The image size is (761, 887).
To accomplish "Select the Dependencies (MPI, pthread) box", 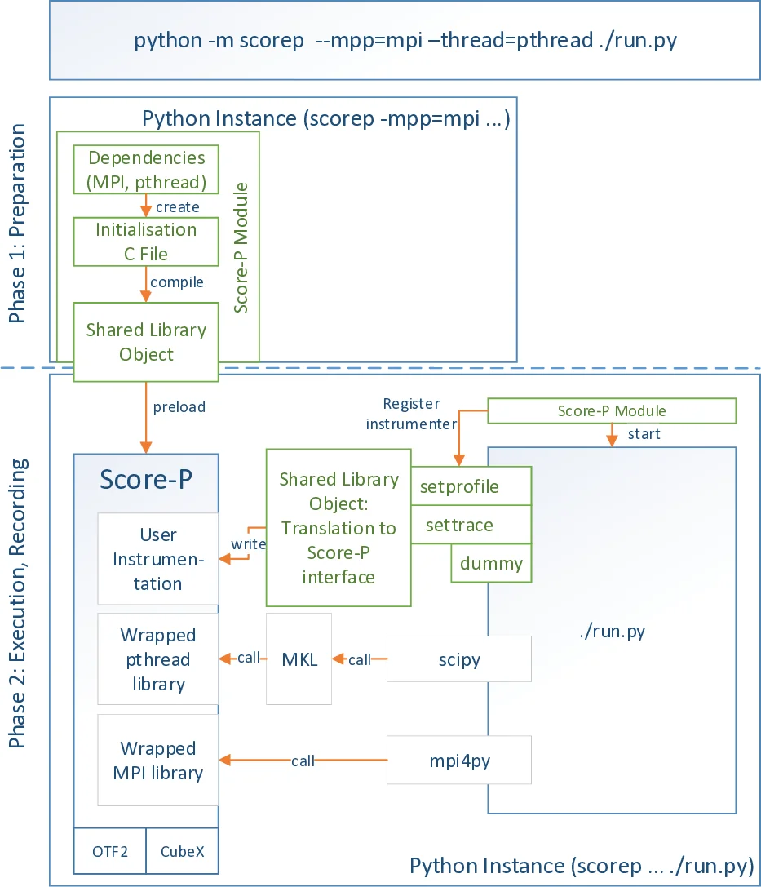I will (x=147, y=170).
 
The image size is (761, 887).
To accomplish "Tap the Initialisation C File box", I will (x=147, y=242).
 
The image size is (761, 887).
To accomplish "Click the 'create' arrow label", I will (x=177, y=207).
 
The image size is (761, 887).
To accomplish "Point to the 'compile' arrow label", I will (x=176, y=282).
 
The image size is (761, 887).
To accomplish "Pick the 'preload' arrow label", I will (x=179, y=406).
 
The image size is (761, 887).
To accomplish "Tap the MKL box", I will (x=299, y=659).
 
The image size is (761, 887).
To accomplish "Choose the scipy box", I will (x=458, y=659).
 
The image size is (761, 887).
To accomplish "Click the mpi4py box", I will (x=458, y=760).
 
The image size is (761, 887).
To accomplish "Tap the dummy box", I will (x=491, y=563).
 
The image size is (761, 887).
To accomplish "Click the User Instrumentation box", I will (x=158, y=559).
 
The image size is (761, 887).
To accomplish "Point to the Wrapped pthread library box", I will (x=158, y=659).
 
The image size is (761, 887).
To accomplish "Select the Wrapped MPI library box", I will (x=158, y=761).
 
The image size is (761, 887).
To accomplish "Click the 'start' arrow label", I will (x=644, y=434).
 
